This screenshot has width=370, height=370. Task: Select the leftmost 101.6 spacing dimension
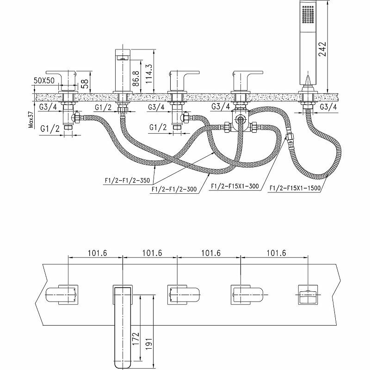coord(97,253)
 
